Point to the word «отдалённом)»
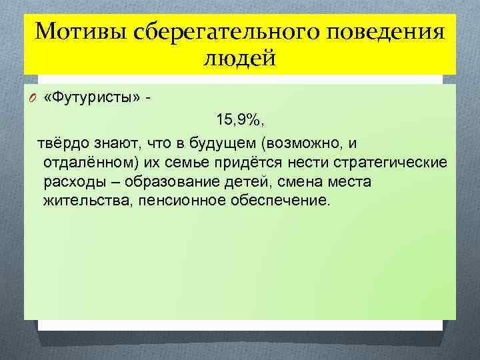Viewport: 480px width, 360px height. pyautogui.click(x=85, y=163)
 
